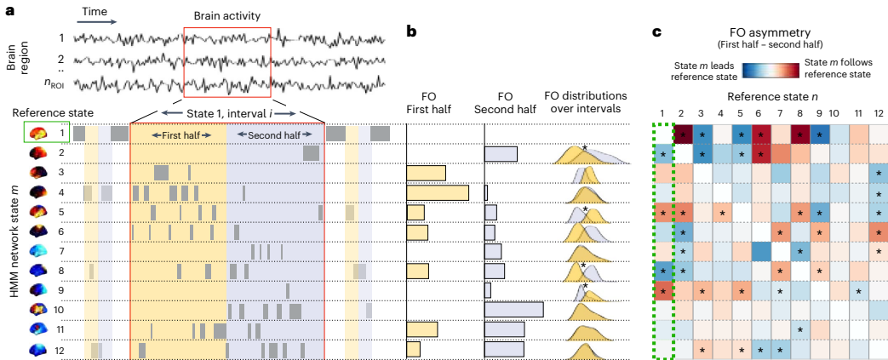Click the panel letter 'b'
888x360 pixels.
pos(411,32)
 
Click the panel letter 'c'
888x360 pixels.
pos(656,32)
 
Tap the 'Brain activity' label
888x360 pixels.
pos(227,15)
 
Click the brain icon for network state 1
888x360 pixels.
pos(37,133)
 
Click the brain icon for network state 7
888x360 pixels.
pos(37,250)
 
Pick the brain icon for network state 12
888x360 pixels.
pos(37,348)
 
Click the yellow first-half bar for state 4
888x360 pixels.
pos(438,192)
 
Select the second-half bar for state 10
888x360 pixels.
pos(513,309)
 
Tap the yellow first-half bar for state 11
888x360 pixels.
pos(422,329)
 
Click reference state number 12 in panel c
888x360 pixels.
pos(877,113)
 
